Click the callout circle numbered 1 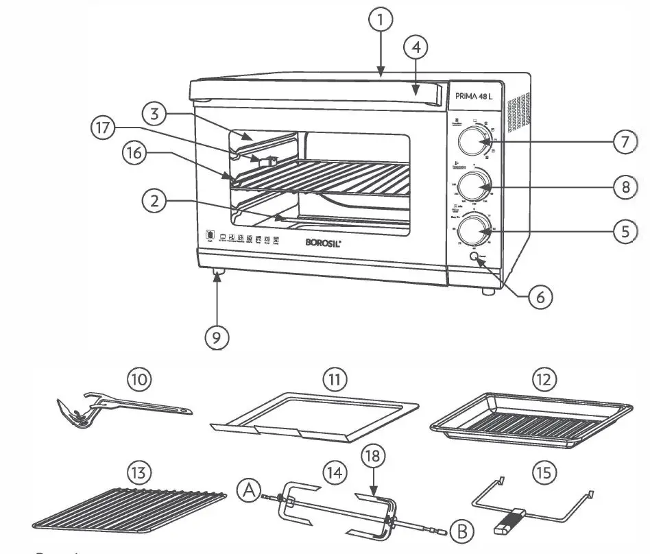coord(381,20)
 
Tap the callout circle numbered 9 coord(217,337)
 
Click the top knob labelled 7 coord(473,142)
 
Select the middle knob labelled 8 coord(473,185)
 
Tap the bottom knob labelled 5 coord(473,230)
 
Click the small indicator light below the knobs coord(474,256)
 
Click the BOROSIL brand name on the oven coord(322,242)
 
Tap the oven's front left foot coord(219,275)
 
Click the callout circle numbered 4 coord(416,48)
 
